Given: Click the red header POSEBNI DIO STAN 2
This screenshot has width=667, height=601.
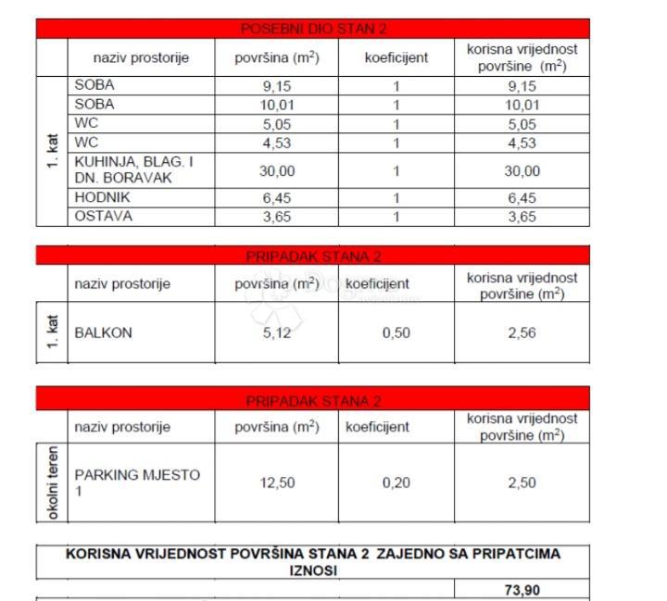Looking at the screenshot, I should (313, 29).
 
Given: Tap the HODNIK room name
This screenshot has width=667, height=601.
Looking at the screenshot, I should (103, 197).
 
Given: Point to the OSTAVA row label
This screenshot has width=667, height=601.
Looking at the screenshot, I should (104, 216).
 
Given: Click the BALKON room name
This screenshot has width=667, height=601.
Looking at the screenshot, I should (104, 332).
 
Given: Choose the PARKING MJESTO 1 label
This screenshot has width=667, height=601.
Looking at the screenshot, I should (137, 482).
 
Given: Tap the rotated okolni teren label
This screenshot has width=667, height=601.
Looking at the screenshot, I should (52, 482).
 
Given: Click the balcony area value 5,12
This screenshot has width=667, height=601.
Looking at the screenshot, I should (277, 332).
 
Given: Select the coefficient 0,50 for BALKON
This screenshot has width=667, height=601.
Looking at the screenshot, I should (396, 332).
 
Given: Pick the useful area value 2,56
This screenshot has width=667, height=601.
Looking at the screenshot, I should (522, 332).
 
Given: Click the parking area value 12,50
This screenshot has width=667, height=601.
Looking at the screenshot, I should (277, 482).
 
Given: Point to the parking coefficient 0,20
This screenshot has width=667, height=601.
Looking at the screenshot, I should (396, 482).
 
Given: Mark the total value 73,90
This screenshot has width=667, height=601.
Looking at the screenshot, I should (522, 589).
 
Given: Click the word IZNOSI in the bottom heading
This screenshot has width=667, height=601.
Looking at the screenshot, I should (313, 570).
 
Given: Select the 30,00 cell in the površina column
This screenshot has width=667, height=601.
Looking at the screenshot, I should (277, 170).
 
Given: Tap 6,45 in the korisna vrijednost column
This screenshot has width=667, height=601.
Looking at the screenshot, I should (522, 197).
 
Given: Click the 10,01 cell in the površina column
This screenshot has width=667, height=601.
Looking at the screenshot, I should (277, 105).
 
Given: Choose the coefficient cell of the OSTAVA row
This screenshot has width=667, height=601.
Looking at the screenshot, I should (396, 216).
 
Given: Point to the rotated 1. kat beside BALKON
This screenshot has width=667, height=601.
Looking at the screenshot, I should (52, 332).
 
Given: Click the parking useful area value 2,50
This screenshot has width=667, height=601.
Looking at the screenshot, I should (522, 482).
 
